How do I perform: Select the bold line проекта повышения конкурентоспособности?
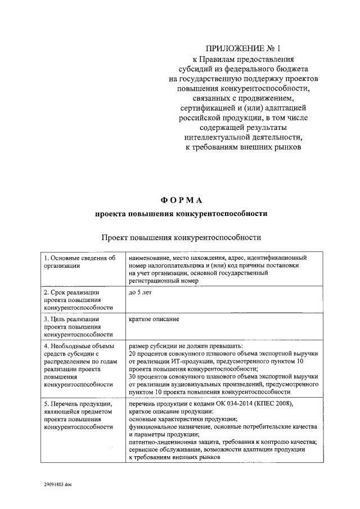click(181, 214)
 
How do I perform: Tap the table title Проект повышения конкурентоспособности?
click(181, 237)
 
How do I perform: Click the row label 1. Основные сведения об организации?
click(79, 262)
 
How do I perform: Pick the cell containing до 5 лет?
click(141, 293)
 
